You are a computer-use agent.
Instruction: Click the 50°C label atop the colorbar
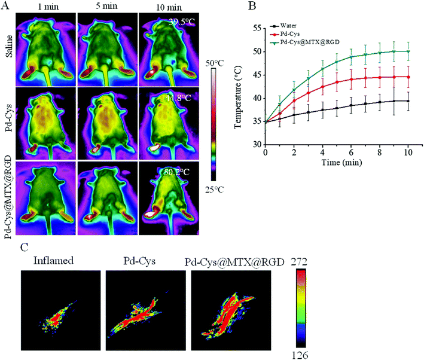click(x=211, y=62)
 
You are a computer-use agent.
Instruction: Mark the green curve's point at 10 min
click(x=404, y=51)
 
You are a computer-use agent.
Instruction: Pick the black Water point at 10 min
click(x=404, y=101)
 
